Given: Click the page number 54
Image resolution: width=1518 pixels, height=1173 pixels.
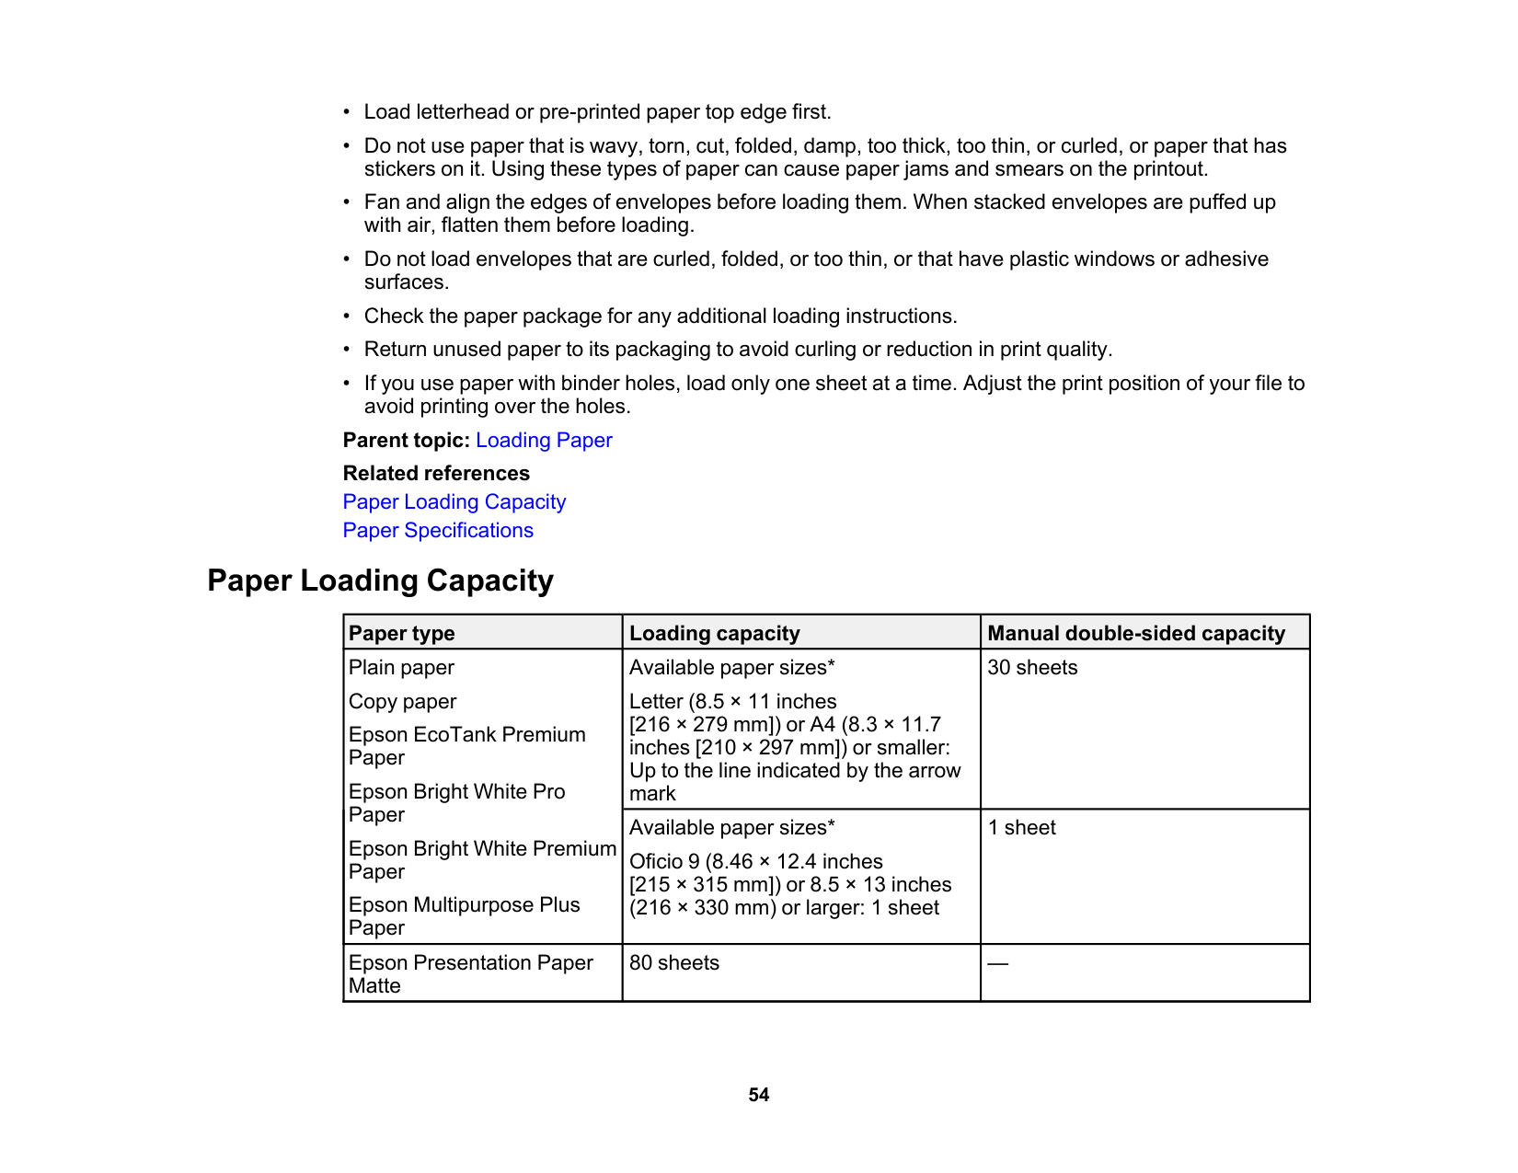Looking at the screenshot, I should coord(758,1095).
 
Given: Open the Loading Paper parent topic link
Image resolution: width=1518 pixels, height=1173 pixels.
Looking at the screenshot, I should coord(544,441).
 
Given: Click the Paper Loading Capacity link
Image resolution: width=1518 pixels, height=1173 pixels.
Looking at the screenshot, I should coord(454,502).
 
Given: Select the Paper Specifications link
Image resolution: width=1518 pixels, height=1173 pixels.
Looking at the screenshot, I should coord(438,531).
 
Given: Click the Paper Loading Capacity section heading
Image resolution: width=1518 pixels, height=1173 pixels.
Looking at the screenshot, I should coord(380,581).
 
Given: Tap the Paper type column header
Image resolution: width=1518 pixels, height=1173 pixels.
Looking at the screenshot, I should coord(402,633).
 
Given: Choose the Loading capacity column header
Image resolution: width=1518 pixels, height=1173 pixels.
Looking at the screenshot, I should coord(715,633).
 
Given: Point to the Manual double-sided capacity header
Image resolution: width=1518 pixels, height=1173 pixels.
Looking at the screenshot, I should coord(1136,633).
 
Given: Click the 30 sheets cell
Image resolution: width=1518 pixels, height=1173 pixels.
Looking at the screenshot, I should coord(1032,668).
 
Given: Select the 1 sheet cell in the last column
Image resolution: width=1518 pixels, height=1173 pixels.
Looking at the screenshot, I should coord(1022,828).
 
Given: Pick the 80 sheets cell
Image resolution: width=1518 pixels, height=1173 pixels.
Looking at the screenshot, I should coord(674,963).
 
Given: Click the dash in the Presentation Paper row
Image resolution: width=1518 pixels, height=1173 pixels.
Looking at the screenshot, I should coord(998,963).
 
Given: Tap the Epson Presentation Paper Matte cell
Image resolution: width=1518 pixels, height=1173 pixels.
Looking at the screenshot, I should coord(471,974).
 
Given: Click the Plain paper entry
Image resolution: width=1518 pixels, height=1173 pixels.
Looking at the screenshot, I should coord(401,668).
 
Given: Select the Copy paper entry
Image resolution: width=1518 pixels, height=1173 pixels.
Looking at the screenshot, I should coord(402,702).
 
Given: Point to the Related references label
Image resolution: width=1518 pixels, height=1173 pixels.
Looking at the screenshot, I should coord(436,474).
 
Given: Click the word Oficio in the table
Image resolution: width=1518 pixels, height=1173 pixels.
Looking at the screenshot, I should coord(655,862).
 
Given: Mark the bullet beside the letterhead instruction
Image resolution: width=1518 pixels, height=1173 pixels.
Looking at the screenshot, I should coord(347,112).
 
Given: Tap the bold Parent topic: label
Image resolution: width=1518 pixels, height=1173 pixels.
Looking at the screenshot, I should coord(406,441).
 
